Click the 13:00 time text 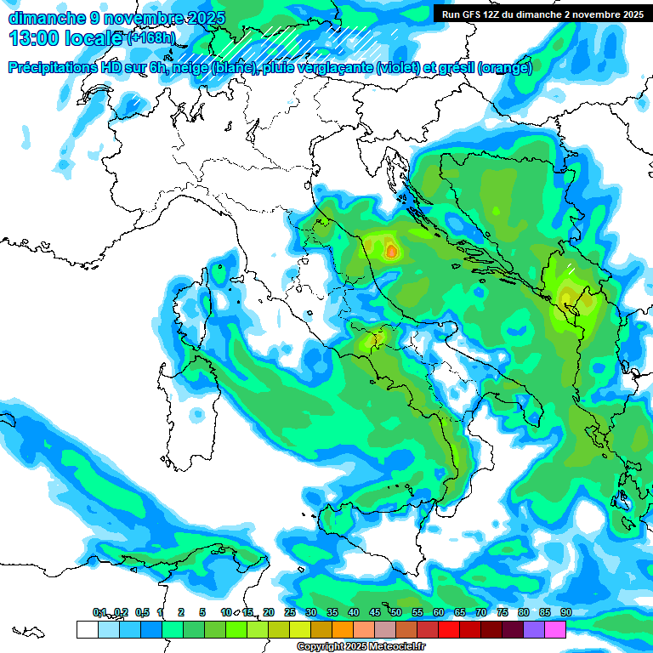click(33, 38)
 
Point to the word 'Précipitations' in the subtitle click(56, 68)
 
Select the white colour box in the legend click(87, 629)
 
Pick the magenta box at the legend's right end click(555, 629)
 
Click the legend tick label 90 click(565, 613)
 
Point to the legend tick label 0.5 click(141, 613)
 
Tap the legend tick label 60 click(439, 613)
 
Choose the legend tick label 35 click(332, 613)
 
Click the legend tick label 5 click(202, 613)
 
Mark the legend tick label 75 click(503, 613)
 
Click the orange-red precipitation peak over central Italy click(390, 251)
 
